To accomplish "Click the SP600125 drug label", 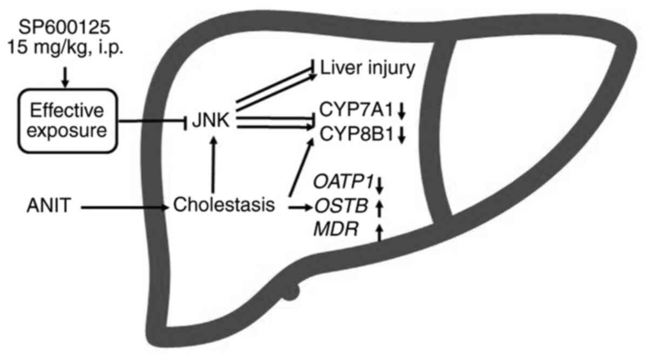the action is (64, 25).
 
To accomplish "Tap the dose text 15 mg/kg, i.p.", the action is (64, 48).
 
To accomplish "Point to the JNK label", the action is (212, 121).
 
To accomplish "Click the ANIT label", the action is (49, 206).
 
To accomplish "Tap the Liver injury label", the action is (368, 69).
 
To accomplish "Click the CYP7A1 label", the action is (355, 112).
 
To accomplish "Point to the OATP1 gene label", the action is (344, 183).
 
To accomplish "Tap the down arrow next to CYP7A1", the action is (401, 112).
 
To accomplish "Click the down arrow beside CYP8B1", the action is (401, 136).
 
